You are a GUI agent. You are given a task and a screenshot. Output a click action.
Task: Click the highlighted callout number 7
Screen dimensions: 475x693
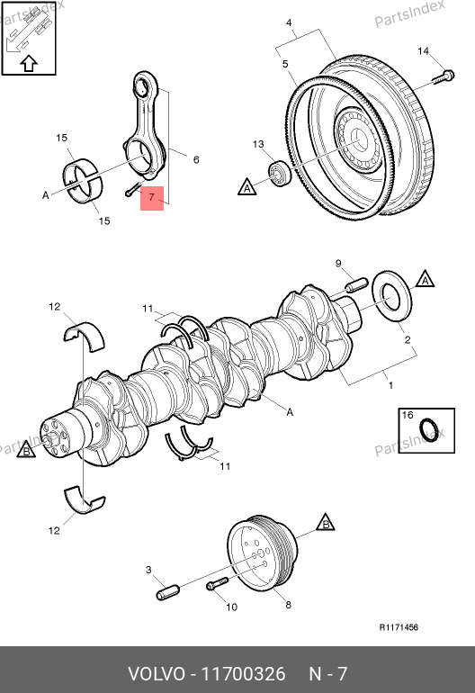[x=152, y=197]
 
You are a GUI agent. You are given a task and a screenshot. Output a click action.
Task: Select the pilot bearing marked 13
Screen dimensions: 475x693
[x=280, y=174]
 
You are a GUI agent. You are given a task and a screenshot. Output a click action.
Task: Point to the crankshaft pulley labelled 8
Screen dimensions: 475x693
[x=262, y=552]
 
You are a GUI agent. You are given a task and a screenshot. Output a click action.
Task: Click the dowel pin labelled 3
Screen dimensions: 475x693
[x=168, y=592]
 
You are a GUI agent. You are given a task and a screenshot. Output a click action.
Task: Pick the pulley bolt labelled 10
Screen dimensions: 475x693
[x=217, y=583]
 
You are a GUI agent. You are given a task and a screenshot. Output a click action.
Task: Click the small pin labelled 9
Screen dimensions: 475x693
[x=356, y=284]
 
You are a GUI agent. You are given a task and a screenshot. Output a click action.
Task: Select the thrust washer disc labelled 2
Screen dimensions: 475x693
[x=392, y=296]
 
